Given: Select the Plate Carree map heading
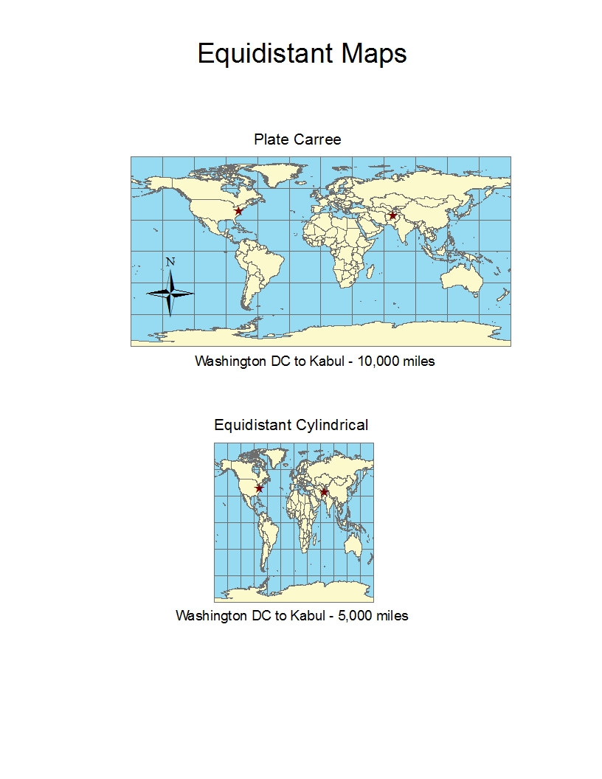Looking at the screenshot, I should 297,139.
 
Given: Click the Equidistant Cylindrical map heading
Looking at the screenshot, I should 291,425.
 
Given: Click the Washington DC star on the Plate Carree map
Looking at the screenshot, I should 238,211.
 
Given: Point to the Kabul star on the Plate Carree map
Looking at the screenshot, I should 392,215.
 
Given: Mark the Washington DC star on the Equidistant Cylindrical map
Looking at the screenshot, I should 259,488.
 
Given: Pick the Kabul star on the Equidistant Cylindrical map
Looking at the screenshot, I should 324,491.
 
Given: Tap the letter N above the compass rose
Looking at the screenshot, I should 170,262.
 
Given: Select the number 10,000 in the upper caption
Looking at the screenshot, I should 378,361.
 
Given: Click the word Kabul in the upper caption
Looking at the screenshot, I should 328,361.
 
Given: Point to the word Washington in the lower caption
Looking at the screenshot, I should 212,615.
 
